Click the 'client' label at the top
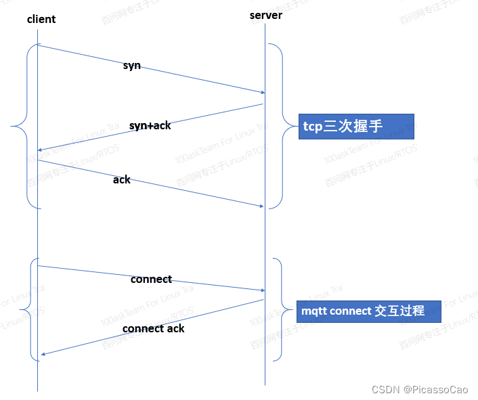coord(41,19)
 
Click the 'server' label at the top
coord(266,15)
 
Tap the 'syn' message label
coord(132,66)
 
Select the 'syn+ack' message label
coord(150,125)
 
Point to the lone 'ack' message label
coord(122,179)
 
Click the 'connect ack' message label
coord(154,328)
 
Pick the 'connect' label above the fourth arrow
coord(151,279)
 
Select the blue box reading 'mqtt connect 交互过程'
coord(370,311)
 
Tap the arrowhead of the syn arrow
coord(263,93)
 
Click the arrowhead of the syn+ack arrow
coord(40,150)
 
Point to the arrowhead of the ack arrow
coord(262,206)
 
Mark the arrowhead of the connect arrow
coord(263,291)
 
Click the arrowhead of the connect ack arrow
coord(43,354)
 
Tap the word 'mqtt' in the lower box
coord(315,311)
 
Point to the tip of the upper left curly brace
coord(12,126)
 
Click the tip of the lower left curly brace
coord(20,311)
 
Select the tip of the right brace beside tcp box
coord(295,126)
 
